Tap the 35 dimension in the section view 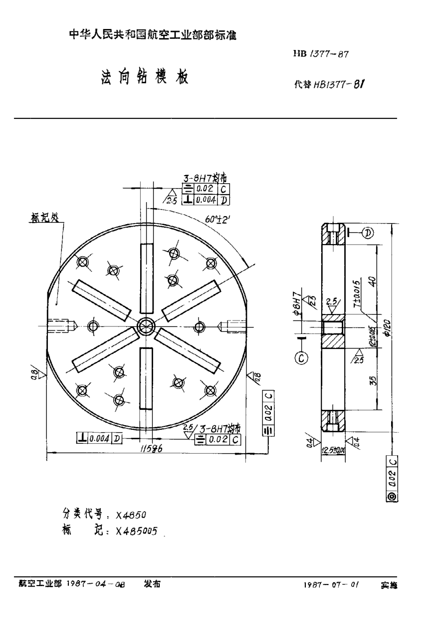[373, 381]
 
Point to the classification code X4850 [130, 515]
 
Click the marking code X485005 [136, 532]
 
